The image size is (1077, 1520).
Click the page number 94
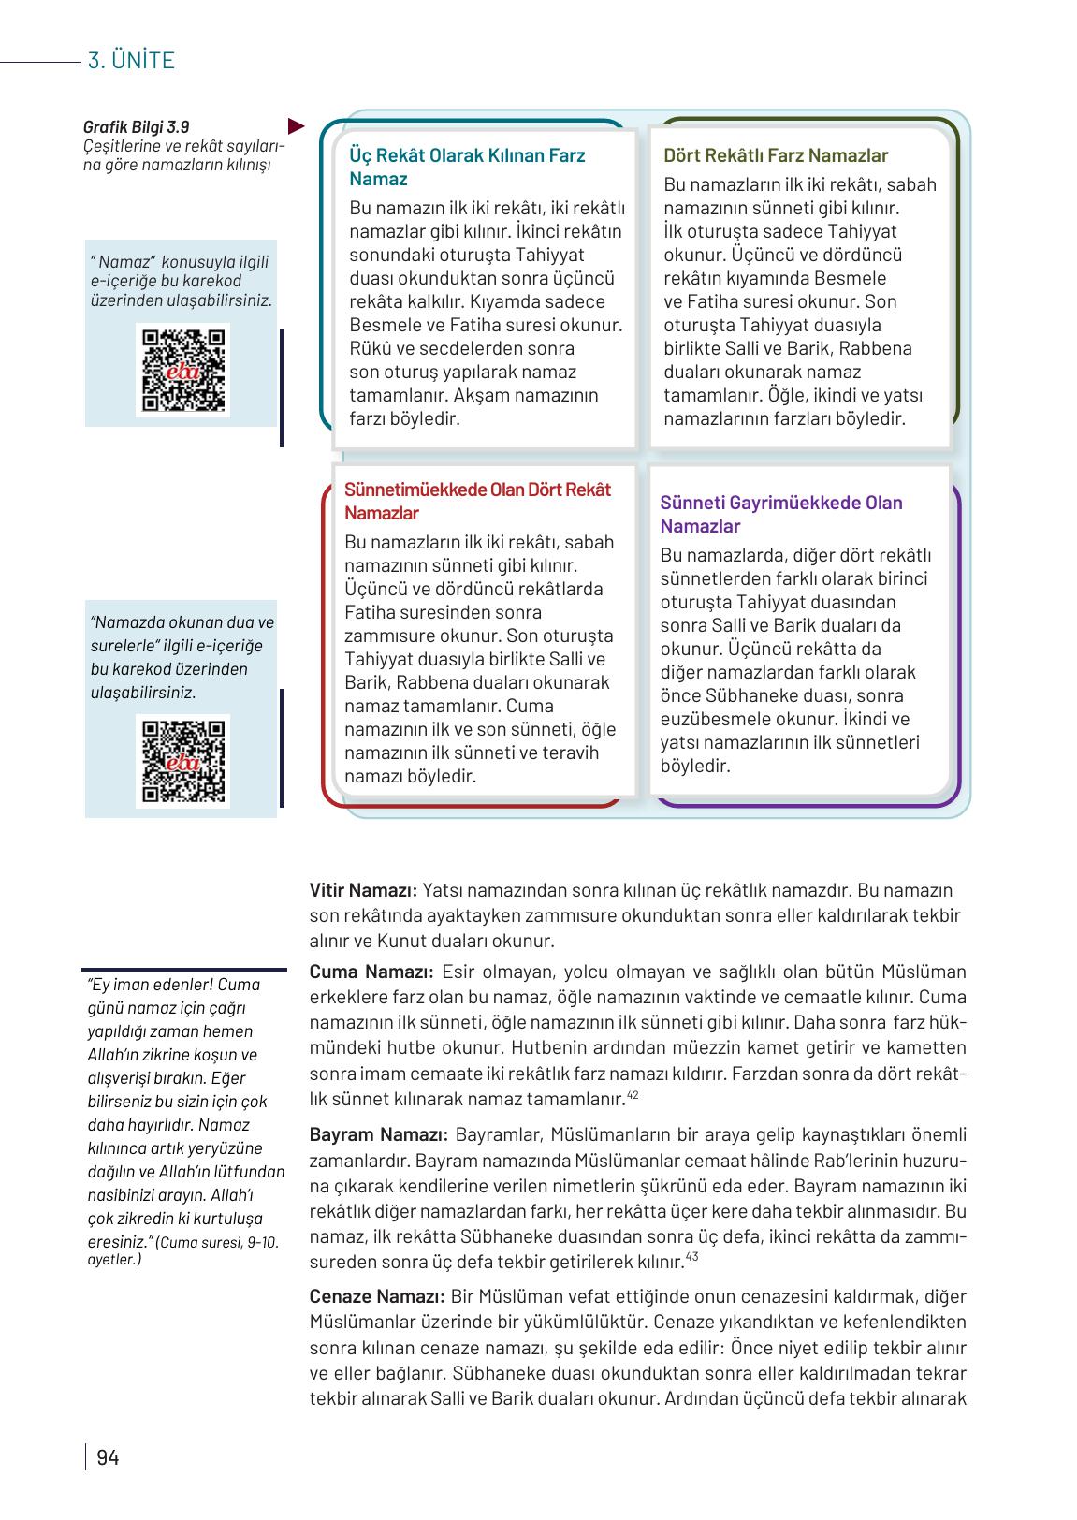point(108,1457)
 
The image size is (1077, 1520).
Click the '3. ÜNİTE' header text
point(131,61)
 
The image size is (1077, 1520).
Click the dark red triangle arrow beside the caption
point(297,124)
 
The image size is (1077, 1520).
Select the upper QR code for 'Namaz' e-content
point(182,370)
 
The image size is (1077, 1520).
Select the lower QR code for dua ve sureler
point(182,761)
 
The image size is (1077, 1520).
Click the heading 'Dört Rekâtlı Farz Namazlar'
point(775,155)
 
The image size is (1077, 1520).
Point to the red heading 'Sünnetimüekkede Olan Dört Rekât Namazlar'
point(477,501)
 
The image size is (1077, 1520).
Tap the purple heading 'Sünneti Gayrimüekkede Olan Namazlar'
point(780,514)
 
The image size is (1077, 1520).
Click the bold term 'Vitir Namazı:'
point(363,890)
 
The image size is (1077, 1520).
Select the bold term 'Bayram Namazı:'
point(379,1135)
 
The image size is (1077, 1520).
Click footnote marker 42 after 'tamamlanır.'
point(633,1095)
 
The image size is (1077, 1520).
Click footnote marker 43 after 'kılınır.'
point(691,1257)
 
